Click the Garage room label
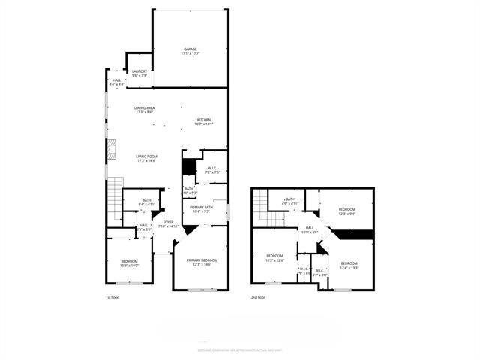coord(190,52)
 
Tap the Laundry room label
coord(139,73)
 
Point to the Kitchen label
coord(204,121)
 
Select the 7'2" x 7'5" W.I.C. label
coord(212,170)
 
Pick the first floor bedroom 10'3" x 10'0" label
coord(129,263)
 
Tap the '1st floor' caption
coord(112,298)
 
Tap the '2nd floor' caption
coord(258,298)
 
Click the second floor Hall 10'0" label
coord(309,229)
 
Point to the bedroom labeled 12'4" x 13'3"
coord(349,265)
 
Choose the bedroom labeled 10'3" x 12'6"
coord(275,258)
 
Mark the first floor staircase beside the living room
coord(114,201)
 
